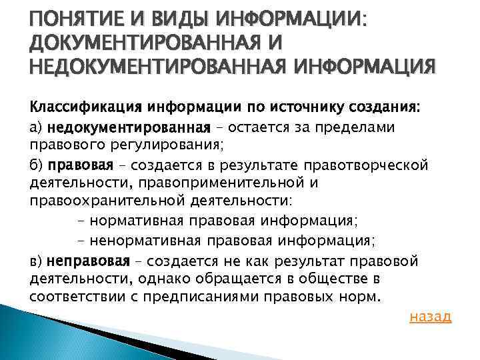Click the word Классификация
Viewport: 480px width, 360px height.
74,108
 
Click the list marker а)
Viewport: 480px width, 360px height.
37,127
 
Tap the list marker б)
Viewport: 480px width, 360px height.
37,165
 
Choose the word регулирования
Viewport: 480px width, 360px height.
139,145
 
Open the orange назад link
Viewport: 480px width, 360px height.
429,316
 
